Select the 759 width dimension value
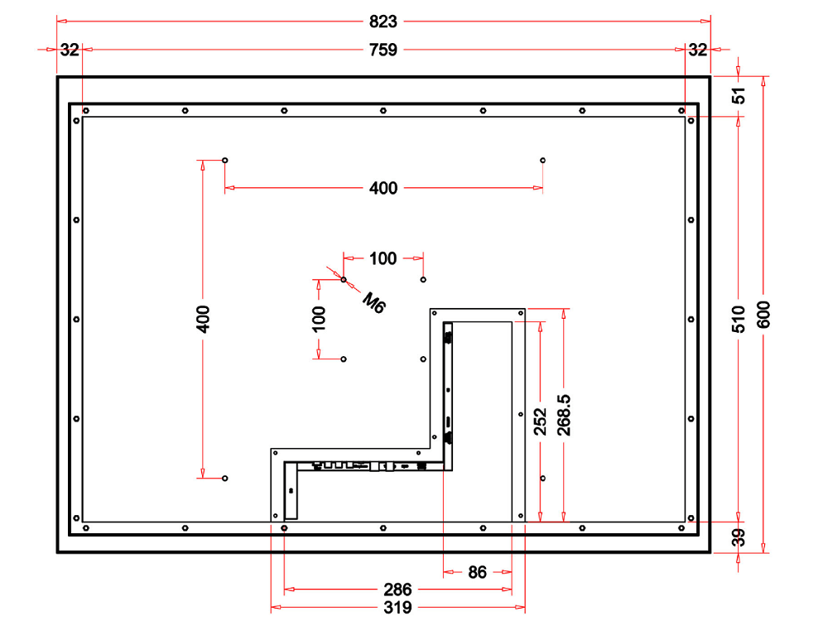(x=383, y=50)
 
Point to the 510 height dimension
(x=739, y=319)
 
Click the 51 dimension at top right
(x=739, y=95)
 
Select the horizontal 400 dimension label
(x=383, y=189)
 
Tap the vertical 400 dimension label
(x=203, y=319)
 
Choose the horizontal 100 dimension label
(x=383, y=258)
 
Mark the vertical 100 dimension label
(x=319, y=319)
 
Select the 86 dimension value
(x=478, y=571)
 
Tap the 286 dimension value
(x=397, y=590)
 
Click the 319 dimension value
(x=397, y=609)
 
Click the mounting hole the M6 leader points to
(x=344, y=280)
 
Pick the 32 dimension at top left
(x=70, y=50)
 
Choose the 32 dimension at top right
(x=698, y=50)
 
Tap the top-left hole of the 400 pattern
(x=225, y=160)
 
